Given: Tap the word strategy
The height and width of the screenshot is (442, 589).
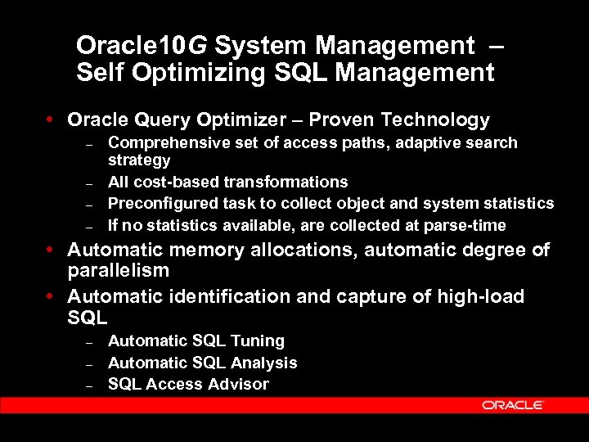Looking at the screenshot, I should [139, 160].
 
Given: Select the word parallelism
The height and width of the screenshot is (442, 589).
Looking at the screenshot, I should [118, 270].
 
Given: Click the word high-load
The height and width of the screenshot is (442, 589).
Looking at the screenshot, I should [478, 295].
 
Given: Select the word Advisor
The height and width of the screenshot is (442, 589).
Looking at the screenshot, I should [241, 384].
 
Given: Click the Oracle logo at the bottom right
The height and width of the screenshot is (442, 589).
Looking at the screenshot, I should [513, 405].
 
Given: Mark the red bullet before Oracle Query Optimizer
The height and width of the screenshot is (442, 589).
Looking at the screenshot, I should [52, 120].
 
